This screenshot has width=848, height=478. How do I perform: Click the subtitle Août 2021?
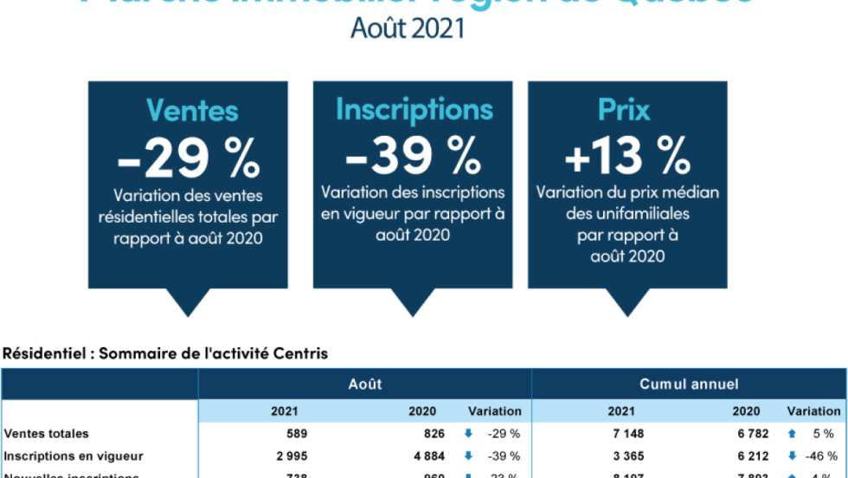pyautogui.click(x=408, y=28)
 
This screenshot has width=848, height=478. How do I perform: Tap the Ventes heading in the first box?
pyautogui.click(x=191, y=110)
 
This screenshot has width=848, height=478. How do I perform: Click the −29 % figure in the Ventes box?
pyautogui.click(x=189, y=157)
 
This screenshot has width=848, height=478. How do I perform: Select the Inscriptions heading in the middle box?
pyautogui.click(x=414, y=109)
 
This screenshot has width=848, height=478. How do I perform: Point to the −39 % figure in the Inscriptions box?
pyautogui.click(x=413, y=155)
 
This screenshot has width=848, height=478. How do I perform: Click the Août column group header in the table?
pyautogui.click(x=364, y=384)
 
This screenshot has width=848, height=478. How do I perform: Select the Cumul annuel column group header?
pyautogui.click(x=689, y=384)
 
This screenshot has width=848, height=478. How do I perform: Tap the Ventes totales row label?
pyautogui.click(x=47, y=434)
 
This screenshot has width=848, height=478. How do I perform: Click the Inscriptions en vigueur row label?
pyautogui.click(x=74, y=456)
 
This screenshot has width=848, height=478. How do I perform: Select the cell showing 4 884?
pyautogui.click(x=427, y=456)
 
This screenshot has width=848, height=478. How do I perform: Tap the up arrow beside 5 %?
pyautogui.click(x=792, y=434)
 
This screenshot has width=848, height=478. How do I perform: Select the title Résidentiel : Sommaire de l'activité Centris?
pyautogui.click(x=165, y=353)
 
